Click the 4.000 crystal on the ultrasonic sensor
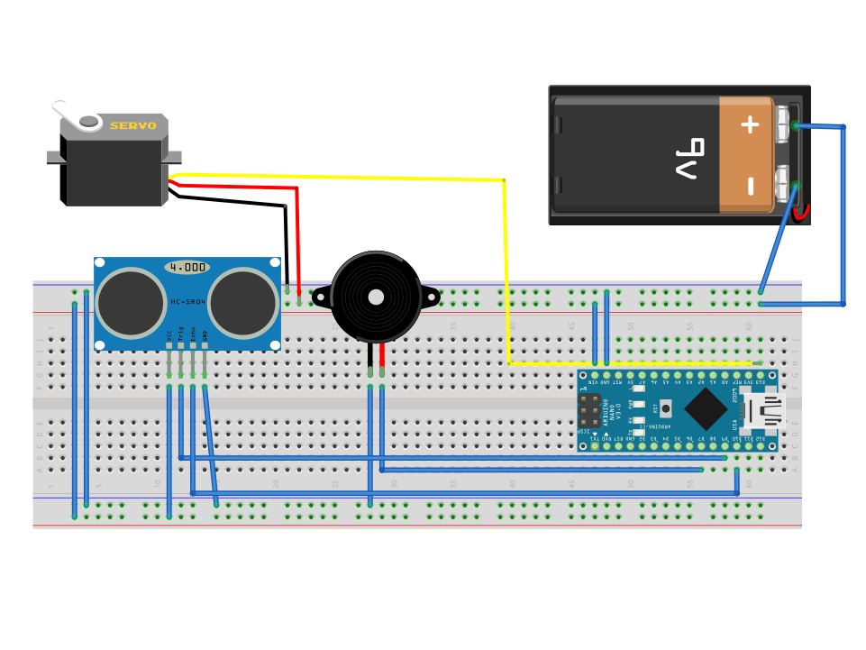(187, 268)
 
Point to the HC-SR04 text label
(188, 301)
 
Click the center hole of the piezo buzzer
(374, 296)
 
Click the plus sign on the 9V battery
(750, 124)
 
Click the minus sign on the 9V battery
(750, 187)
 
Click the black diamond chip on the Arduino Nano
(706, 409)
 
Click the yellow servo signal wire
(360, 177)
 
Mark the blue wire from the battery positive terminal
(843, 216)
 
